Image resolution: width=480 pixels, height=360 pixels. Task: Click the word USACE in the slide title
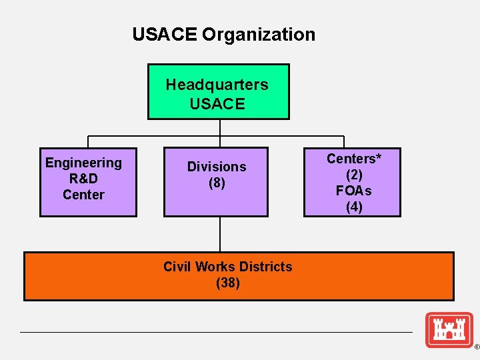164,34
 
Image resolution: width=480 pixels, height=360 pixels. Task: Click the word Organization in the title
259,34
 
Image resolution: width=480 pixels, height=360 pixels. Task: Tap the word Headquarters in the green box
217,85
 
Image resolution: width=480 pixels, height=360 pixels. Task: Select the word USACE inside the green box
217,104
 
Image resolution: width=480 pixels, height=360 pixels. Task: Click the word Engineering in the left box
83,163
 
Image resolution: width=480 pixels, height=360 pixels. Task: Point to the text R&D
83,179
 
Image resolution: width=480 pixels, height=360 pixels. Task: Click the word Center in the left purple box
83,195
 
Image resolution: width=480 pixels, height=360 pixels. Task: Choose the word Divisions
217,167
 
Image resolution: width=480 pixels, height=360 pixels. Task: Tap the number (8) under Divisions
217,183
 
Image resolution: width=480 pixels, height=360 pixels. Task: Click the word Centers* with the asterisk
353,159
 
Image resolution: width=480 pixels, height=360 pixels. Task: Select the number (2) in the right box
353,175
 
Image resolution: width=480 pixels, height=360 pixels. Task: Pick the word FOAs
353,191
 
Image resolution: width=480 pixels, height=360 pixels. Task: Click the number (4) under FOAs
353,207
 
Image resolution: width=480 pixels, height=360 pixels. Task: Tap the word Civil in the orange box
178,267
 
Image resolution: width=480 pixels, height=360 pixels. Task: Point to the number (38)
228,283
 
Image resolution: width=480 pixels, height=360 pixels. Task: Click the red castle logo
449,329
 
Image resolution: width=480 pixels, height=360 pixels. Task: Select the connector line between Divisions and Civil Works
219,233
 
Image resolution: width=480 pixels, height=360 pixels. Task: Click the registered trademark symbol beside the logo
476,347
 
